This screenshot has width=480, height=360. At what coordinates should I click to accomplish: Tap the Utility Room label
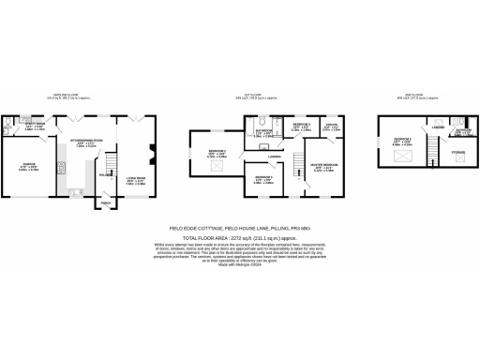point(35,126)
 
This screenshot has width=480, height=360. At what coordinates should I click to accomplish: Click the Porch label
point(105,200)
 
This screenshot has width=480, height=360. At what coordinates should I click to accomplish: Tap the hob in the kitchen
point(61,170)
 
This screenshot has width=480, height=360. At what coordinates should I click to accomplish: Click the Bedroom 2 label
point(217,155)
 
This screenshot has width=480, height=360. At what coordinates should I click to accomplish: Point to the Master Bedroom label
point(324,169)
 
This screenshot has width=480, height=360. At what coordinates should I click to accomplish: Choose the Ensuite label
point(332,127)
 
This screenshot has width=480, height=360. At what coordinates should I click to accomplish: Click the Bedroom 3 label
point(301,128)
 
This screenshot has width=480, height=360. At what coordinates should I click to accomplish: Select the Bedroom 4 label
point(263,179)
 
